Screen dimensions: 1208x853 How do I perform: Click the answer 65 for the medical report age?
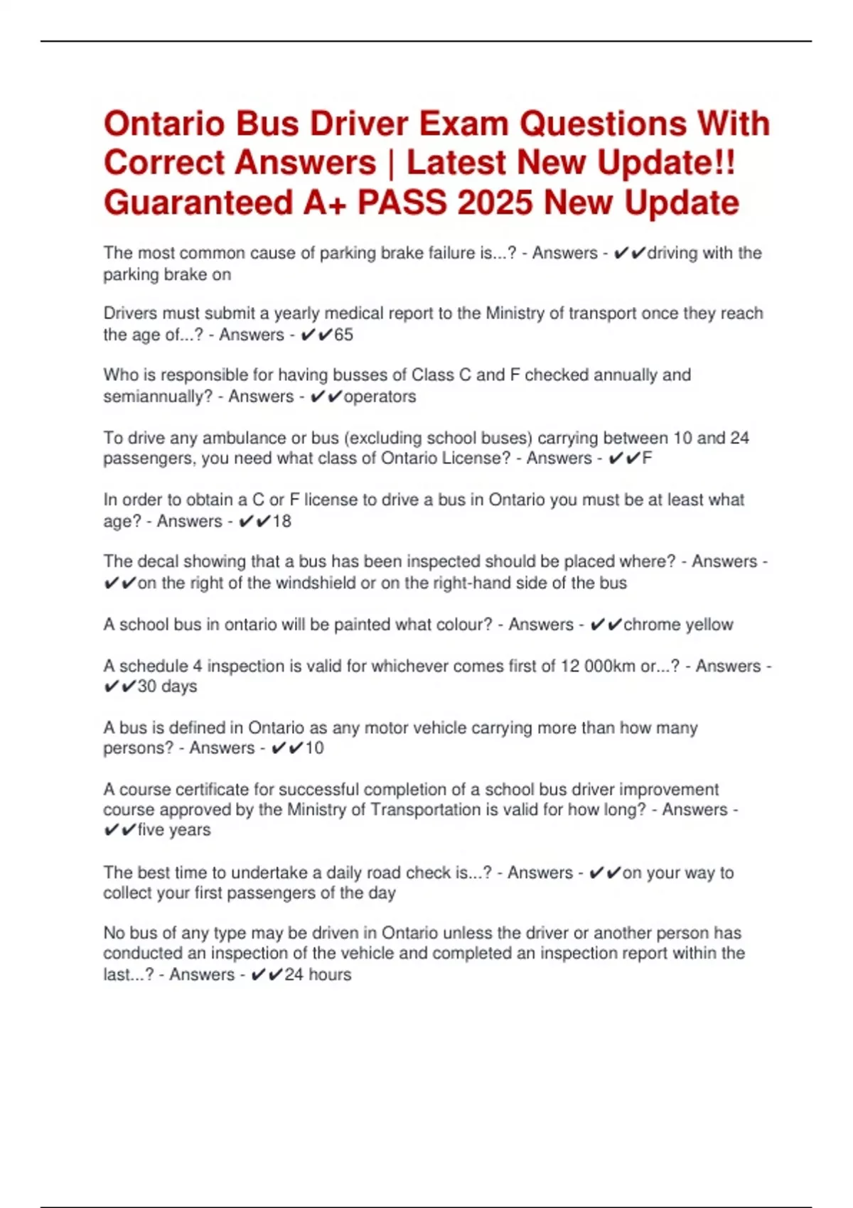tap(344, 335)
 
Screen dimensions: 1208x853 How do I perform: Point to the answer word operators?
tap(380, 397)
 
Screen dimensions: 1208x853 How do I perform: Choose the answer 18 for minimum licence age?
tap(282, 521)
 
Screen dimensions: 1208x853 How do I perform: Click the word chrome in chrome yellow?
tap(650, 625)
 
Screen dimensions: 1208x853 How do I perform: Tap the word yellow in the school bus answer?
tap(706, 625)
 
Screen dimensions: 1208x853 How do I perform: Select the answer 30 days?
tap(167, 686)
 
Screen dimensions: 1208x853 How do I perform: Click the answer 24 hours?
tap(318, 974)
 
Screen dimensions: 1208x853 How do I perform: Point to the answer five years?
tap(174, 830)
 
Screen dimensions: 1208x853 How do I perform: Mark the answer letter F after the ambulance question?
tap(647, 458)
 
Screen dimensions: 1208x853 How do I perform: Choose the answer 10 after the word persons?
tap(314, 748)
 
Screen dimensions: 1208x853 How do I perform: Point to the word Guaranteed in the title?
tap(198, 203)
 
